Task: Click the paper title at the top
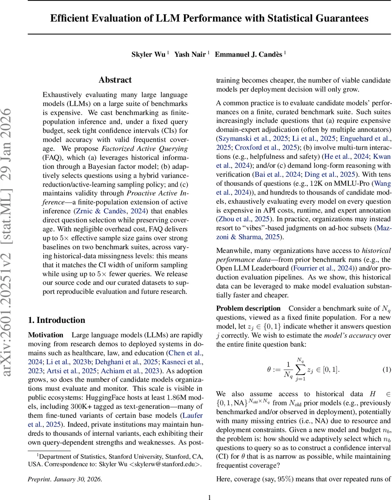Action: point(209,18)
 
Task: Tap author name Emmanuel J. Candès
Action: point(248,55)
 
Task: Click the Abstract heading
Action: point(115,80)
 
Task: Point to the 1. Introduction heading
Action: point(57,320)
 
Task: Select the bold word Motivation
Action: point(46,335)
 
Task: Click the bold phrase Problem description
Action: point(248,308)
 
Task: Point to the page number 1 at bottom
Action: point(210,497)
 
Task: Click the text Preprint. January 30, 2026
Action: point(65,479)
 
